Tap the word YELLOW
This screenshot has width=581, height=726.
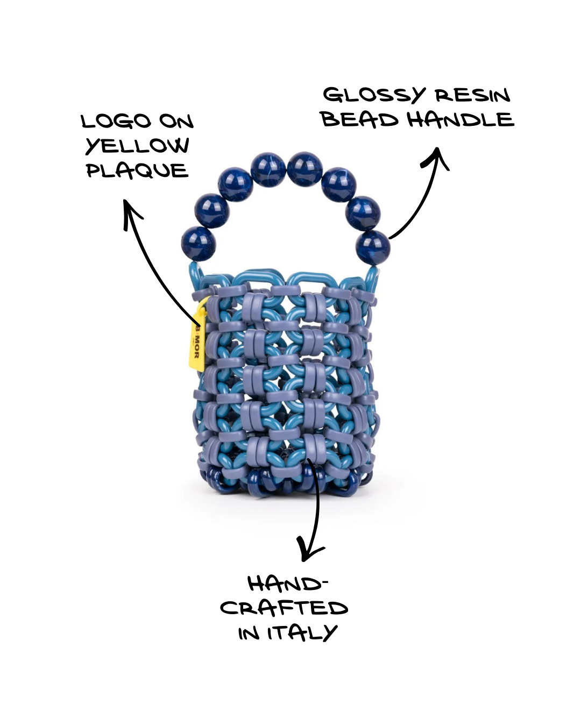click(x=137, y=146)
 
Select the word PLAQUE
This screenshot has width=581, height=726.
click(x=137, y=171)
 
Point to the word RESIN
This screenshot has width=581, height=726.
click(x=472, y=96)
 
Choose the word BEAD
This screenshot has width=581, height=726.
click(x=359, y=119)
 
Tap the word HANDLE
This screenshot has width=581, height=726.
click(x=460, y=119)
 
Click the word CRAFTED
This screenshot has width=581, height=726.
click(x=284, y=608)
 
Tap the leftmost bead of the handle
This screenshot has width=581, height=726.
click(x=199, y=244)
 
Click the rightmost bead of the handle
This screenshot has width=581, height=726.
click(x=373, y=247)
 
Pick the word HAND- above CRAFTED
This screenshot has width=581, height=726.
click(x=287, y=584)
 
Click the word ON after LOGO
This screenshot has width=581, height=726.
click(x=176, y=122)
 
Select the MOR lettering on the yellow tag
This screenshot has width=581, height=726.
click(x=197, y=348)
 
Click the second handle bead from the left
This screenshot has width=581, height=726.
click(x=211, y=210)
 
